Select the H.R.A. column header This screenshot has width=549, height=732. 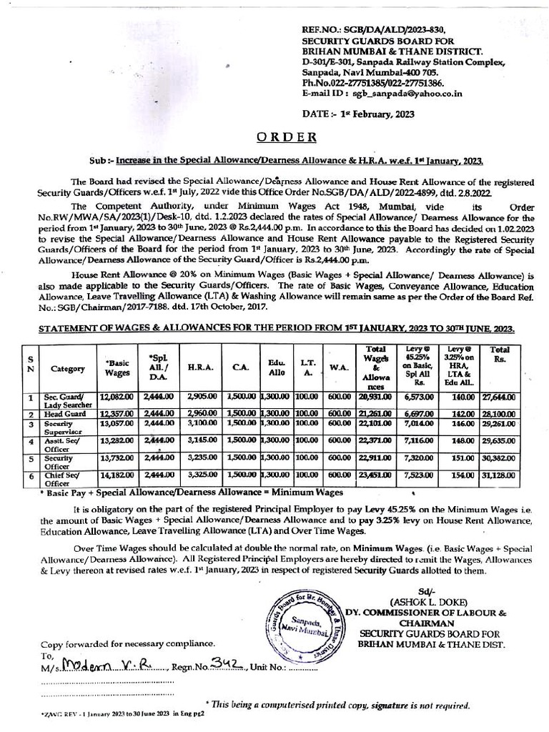click(197, 368)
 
